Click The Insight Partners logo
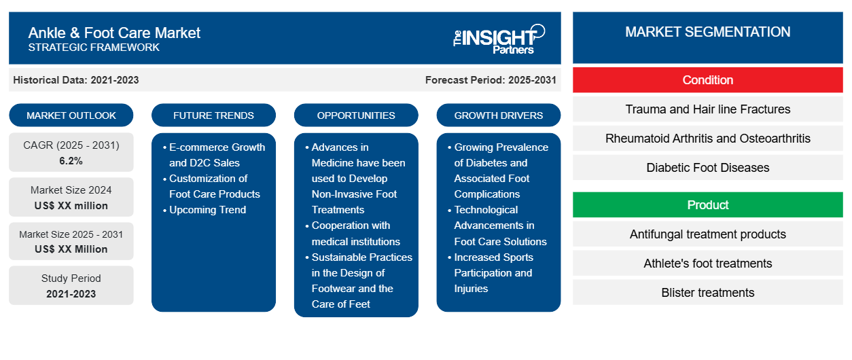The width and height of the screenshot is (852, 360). tap(499, 39)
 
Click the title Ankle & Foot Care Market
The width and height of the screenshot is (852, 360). tap(114, 33)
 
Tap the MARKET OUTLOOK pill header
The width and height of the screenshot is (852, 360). tap(71, 115)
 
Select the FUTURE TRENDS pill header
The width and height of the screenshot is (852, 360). tap(213, 115)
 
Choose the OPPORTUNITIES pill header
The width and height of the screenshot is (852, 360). tap(356, 115)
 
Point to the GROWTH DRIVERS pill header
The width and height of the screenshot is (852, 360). tap(498, 115)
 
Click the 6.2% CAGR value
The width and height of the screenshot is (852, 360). tap(71, 161)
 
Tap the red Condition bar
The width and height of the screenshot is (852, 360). tap(707, 80)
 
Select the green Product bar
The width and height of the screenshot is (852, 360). tap(707, 205)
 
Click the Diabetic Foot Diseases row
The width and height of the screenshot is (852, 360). tap(707, 168)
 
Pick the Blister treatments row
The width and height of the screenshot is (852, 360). tap(707, 292)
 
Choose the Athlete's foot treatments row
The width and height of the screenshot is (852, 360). tap(707, 263)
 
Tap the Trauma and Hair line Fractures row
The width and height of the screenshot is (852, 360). tap(707, 109)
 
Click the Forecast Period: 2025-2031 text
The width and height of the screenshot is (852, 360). tap(491, 80)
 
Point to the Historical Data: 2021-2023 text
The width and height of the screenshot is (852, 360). tap(76, 80)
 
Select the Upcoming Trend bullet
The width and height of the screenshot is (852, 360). tap(207, 210)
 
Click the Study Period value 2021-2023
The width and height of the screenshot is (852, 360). tap(71, 294)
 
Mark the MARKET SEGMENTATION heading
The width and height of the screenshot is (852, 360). tap(707, 32)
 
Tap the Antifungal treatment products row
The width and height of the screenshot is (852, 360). tap(707, 234)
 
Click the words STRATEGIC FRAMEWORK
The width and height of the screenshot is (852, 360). tap(94, 48)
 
